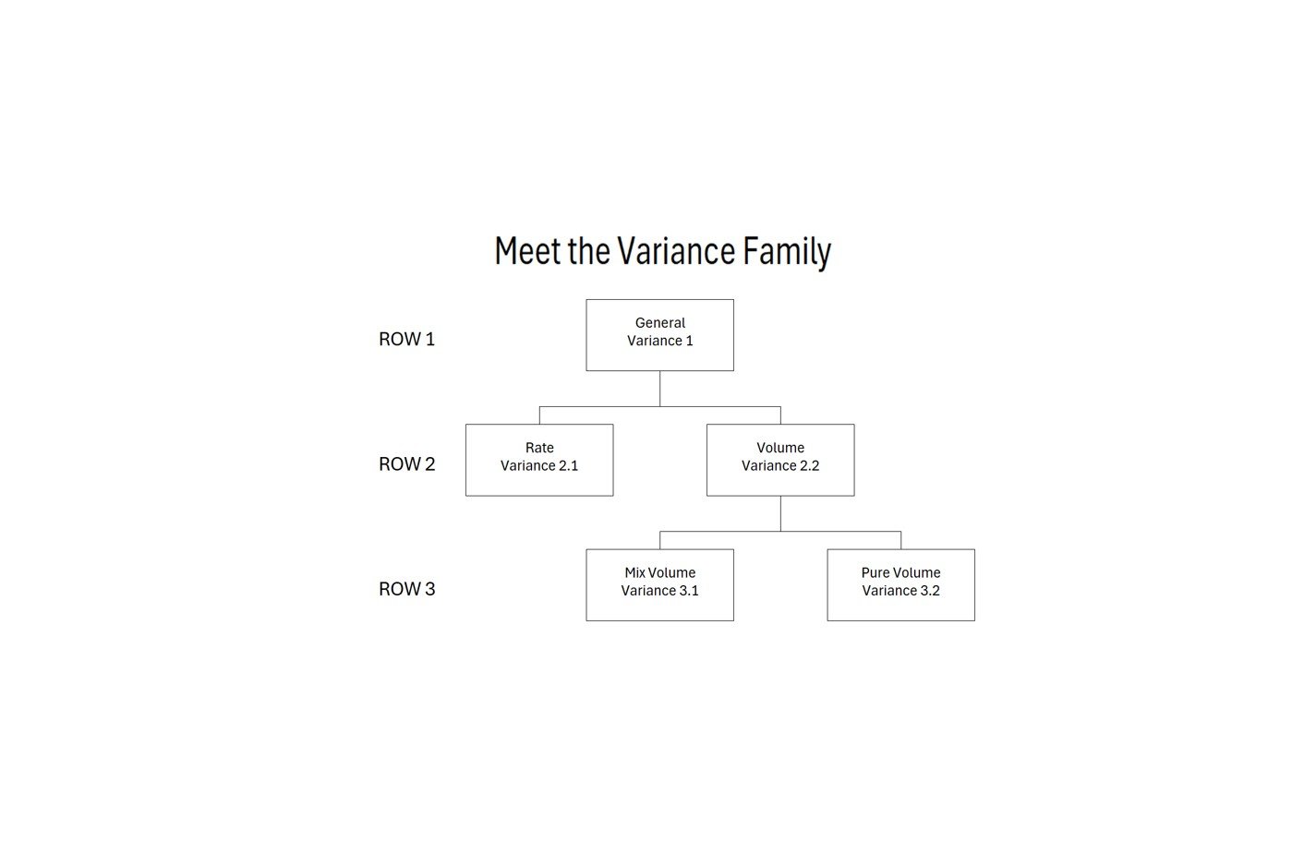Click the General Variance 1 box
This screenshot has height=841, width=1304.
point(659,335)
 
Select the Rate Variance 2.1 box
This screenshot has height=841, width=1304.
point(539,460)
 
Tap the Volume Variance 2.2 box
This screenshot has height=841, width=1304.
point(780,460)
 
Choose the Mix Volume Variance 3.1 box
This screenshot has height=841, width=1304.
point(659,584)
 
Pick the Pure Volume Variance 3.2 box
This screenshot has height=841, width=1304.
point(900,584)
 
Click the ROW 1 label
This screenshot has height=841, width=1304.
point(406,339)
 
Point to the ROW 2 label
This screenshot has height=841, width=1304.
point(406,463)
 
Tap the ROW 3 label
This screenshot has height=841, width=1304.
point(406,589)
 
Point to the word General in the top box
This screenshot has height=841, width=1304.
point(659,323)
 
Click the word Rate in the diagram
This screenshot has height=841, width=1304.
point(539,448)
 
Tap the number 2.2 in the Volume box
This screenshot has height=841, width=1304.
point(809,466)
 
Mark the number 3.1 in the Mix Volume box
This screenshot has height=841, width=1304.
point(688,591)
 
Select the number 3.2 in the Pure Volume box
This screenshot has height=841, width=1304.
point(929,591)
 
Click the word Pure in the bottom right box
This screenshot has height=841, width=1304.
point(875,573)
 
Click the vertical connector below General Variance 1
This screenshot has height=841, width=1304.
point(659,389)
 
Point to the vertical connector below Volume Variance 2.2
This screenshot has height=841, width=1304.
point(780,513)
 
